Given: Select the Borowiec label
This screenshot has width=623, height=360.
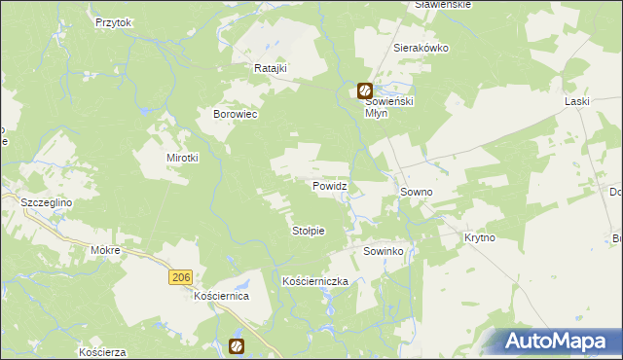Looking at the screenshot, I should tap(235, 114).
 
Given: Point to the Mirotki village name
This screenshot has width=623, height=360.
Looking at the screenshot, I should tap(182, 158).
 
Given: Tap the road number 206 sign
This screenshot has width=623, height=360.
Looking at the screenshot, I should tap(179, 278).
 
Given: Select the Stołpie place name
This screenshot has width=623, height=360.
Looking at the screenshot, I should tap(308, 231).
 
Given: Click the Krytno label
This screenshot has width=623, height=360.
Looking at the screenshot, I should tap(480, 237).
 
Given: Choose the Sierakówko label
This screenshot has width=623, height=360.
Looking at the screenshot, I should tap(420, 47).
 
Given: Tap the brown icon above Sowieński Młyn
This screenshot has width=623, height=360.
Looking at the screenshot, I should tap(364, 91).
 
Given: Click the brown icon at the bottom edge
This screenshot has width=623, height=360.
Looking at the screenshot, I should tap(237, 345).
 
